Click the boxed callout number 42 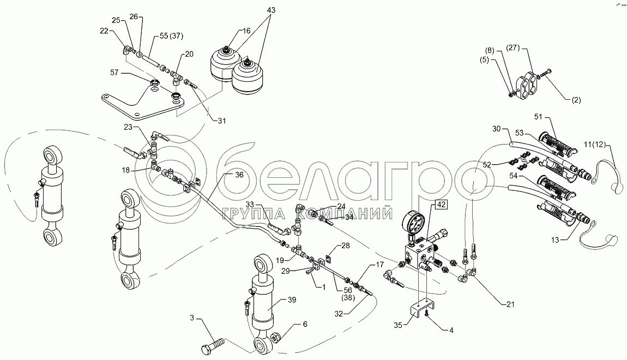[x=441, y=206]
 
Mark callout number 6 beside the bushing [x=305, y=323]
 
